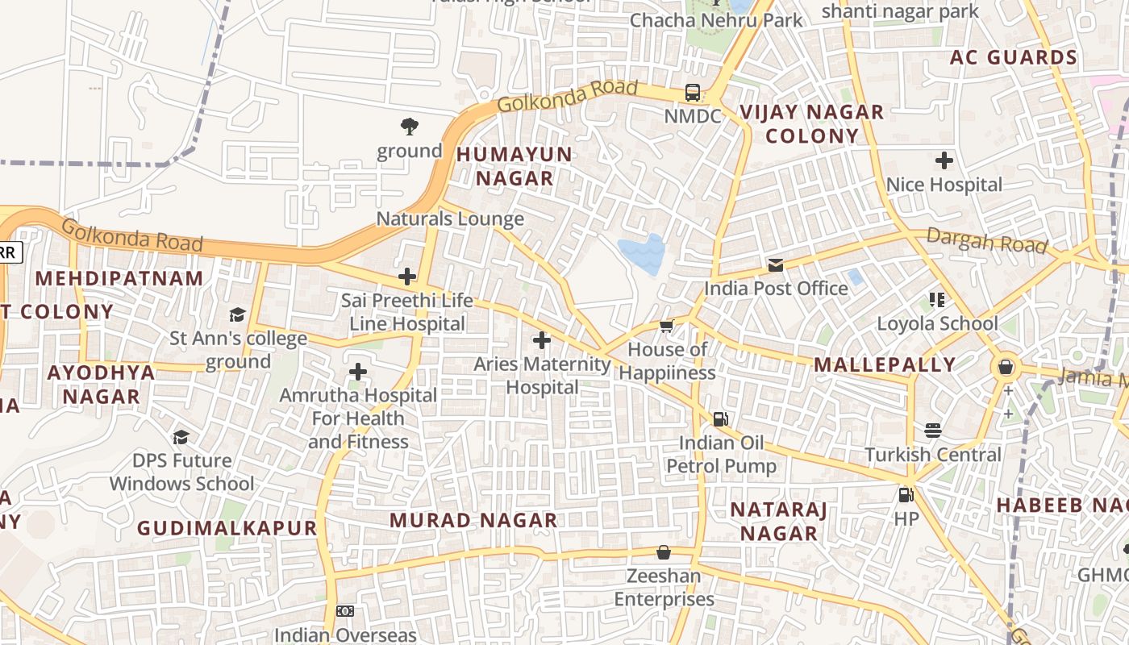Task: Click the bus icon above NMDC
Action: click(693, 92)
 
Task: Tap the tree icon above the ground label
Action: click(410, 126)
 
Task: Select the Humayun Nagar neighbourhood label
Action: click(514, 166)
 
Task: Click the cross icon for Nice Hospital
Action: click(944, 160)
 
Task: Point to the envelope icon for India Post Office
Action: click(776, 264)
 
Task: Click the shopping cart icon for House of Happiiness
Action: click(667, 326)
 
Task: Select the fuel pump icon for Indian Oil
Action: click(720, 418)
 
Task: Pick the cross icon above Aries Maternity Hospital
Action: click(542, 340)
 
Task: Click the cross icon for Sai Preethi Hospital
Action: click(407, 277)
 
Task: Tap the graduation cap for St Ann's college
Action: click(237, 314)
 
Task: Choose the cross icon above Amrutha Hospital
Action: click(358, 372)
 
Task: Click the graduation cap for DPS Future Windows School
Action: click(181, 437)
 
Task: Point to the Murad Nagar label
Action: click(473, 520)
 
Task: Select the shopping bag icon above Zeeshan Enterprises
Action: click(664, 552)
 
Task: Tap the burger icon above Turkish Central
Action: click(933, 431)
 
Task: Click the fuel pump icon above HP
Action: click(906, 494)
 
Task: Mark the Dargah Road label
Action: click(986, 240)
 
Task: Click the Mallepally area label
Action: click(885, 364)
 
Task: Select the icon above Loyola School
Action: click(937, 300)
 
